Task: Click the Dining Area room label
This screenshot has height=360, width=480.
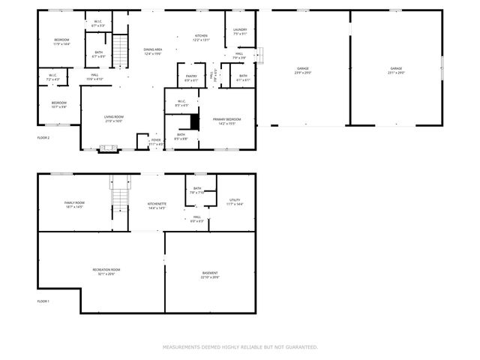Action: tap(152, 49)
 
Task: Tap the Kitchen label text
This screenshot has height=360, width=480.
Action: tap(201, 36)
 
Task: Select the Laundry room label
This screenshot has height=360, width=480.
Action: tap(239, 30)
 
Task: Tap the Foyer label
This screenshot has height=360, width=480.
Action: tap(156, 139)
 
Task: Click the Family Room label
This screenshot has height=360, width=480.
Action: tap(74, 202)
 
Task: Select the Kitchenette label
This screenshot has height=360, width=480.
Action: tap(157, 204)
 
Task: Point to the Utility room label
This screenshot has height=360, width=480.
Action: tap(235, 201)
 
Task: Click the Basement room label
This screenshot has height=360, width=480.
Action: tap(210, 273)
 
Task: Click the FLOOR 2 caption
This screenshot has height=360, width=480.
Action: tap(43, 138)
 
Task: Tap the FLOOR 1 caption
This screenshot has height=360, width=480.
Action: tap(43, 301)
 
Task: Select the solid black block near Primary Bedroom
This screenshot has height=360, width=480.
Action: tap(195, 121)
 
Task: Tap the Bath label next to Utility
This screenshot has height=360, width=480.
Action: tap(197, 189)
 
